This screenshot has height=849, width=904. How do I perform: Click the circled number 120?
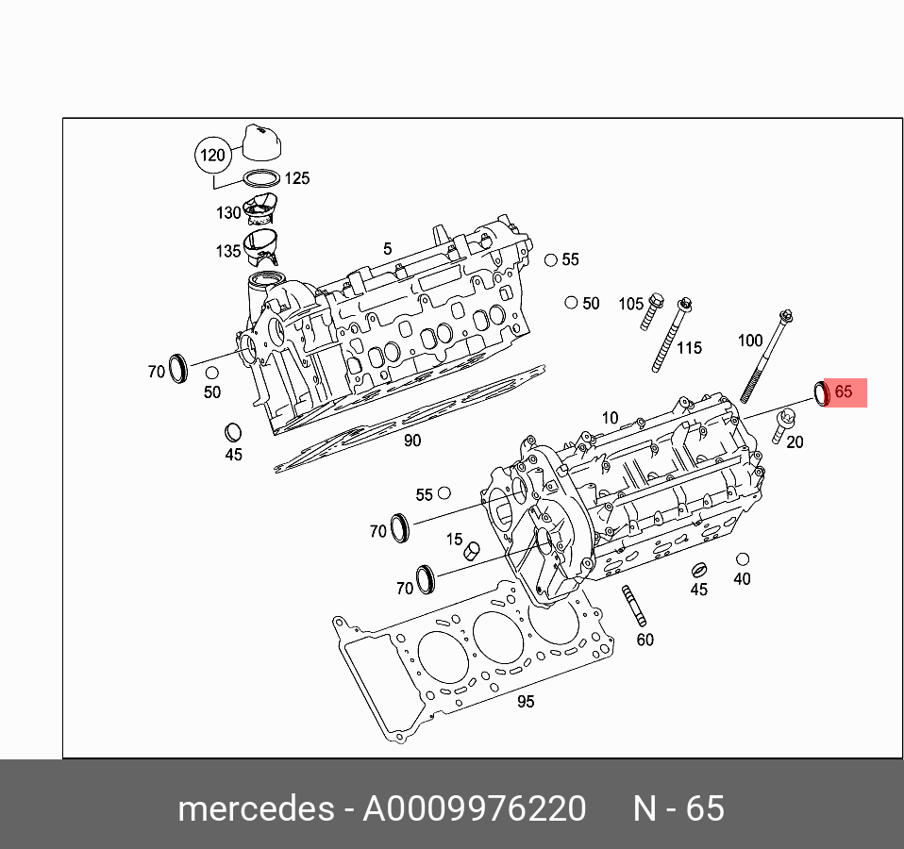pos(212,154)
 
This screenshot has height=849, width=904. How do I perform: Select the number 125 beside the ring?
pos(297,178)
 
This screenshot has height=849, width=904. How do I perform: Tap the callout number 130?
pos(228,213)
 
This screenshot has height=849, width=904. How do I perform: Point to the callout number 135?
pos(228,251)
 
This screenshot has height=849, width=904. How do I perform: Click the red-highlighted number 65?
pos(844,391)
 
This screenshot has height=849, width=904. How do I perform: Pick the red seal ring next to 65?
pos(822,392)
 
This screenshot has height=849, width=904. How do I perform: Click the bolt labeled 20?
pos(778,429)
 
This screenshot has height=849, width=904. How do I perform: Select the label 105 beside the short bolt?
pos(631,304)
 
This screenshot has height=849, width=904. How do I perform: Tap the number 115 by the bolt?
pos(689,348)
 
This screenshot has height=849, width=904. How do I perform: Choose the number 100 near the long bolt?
pos(749,341)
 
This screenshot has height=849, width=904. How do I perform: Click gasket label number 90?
pos(412,441)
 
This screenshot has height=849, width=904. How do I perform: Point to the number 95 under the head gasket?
pos(526,702)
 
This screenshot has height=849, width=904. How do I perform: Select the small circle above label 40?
pos(743,560)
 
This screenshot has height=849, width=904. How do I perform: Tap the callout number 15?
pos(455,540)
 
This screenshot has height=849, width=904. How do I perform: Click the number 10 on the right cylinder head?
pos(610,418)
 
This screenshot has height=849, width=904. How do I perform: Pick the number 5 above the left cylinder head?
pos(387,249)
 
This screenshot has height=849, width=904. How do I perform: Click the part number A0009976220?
pos(475,809)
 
